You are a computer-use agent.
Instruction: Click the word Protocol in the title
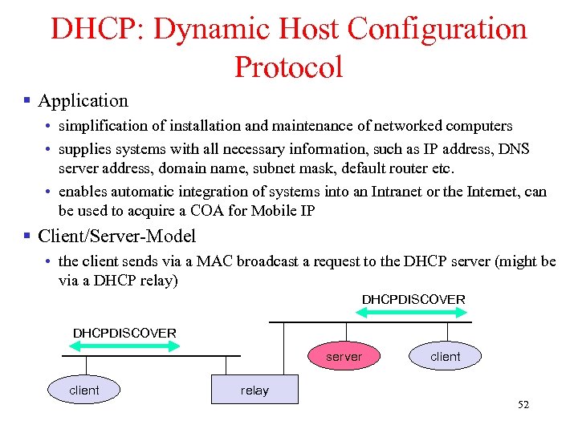(288, 67)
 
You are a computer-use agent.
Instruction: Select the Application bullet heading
(83, 101)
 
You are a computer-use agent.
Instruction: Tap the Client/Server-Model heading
(116, 237)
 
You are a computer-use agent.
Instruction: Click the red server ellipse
(344, 357)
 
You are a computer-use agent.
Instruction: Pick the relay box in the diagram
(254, 390)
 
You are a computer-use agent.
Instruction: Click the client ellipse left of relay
(84, 390)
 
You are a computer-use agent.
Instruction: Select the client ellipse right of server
(446, 357)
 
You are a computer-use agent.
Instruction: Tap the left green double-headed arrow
(124, 346)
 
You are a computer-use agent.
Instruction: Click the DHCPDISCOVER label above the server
(413, 299)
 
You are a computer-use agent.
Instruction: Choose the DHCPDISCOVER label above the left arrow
(124, 332)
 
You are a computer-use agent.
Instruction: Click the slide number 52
(523, 405)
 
